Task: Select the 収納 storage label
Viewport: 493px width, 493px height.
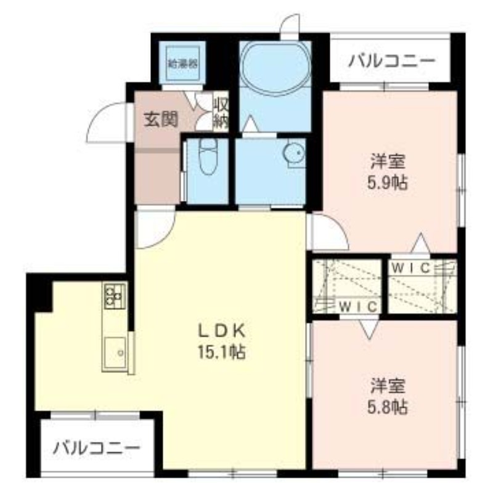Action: click(x=221, y=112)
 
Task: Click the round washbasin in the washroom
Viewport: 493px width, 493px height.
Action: click(x=295, y=153)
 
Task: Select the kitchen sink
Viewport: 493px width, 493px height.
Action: click(x=115, y=354)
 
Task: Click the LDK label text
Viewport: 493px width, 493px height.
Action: click(x=221, y=332)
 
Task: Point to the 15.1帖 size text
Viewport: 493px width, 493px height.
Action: click(x=221, y=352)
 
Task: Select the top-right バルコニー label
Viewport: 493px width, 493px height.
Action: click(x=391, y=62)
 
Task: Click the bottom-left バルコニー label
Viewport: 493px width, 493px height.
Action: click(x=96, y=447)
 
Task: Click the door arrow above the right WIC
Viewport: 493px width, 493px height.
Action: click(x=420, y=243)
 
